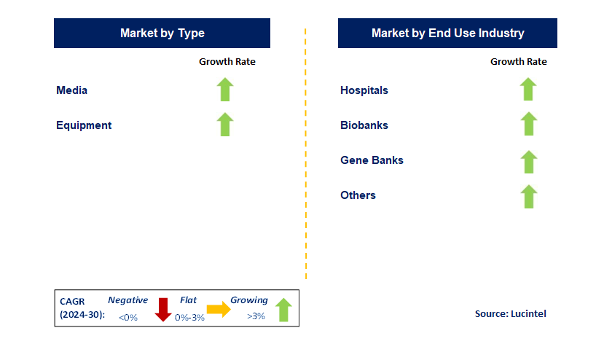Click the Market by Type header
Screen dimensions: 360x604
pos(162,33)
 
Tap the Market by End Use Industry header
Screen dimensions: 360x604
pos(447,33)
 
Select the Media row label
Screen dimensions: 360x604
pos(71,90)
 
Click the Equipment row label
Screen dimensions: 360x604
pos(84,125)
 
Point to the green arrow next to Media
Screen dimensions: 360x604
pos(225,90)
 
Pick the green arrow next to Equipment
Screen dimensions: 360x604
pos(225,125)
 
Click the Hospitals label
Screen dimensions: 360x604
pos(364,90)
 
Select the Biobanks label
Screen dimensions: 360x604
pos(364,125)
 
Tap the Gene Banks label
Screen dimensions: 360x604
pos(372,160)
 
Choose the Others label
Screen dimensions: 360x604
pos(358,195)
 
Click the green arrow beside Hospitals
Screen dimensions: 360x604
pos(528,90)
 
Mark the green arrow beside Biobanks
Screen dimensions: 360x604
pos(528,125)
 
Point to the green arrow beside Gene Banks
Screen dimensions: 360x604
pos(528,161)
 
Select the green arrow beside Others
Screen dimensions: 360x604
pos(528,196)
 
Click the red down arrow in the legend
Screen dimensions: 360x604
pos(162,310)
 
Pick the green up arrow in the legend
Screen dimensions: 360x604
pos(283,310)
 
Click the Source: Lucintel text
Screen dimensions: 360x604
pos(510,313)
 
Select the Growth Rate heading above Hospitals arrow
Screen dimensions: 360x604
pos(518,62)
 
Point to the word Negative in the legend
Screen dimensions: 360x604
pos(128,300)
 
